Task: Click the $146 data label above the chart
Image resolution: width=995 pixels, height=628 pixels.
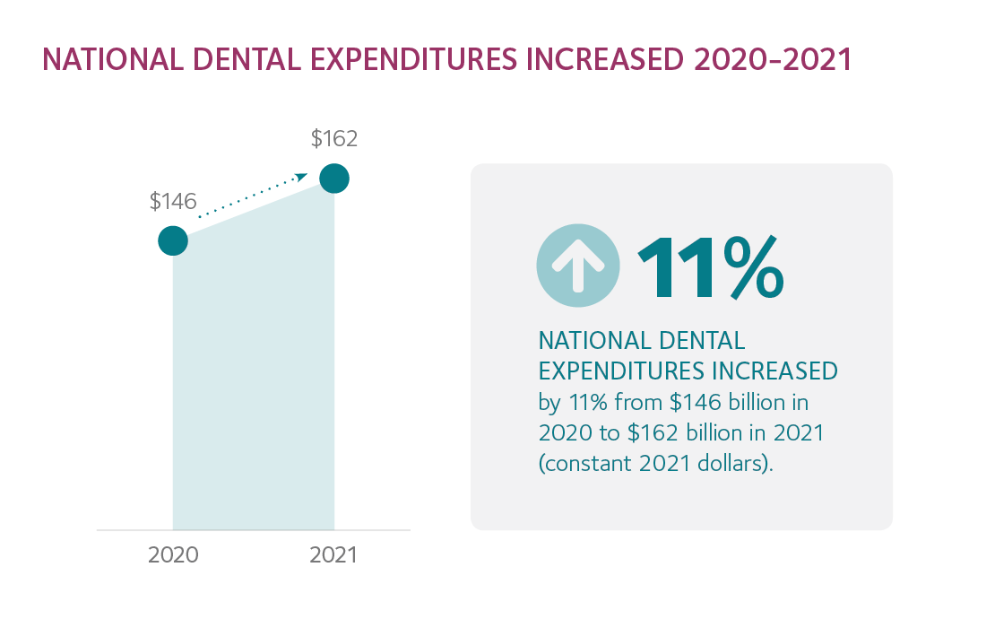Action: (173, 202)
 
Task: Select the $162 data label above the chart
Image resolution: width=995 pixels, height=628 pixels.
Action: (334, 139)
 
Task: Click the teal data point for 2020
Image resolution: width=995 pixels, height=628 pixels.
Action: (173, 240)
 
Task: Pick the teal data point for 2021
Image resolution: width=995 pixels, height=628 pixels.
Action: (334, 179)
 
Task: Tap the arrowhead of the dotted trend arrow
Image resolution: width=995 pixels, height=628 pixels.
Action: (301, 178)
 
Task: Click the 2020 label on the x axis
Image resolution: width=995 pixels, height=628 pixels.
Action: (173, 555)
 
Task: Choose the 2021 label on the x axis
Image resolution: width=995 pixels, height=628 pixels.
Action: (333, 555)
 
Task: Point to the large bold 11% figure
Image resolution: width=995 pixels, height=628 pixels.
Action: (710, 268)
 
